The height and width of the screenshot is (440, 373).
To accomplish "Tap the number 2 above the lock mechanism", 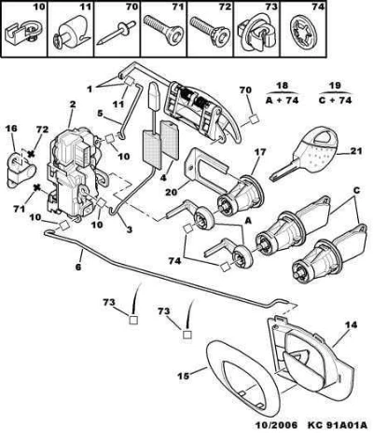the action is pos(72,104).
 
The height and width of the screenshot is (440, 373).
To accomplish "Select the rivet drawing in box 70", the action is pos(116,33).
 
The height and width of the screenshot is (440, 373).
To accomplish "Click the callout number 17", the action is pos(260,152).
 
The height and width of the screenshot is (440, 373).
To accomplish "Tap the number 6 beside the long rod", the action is pos(78,267).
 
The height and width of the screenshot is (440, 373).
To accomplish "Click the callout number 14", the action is pos(352,325).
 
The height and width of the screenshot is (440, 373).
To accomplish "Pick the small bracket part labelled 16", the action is pos(21,168).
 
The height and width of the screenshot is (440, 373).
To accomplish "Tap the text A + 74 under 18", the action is pos(283,100).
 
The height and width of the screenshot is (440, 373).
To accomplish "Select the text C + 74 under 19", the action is pos(336,100).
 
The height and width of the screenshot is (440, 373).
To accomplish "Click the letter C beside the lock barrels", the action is pos(356,190).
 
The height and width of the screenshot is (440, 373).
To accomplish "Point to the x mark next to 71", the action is pos(37,187).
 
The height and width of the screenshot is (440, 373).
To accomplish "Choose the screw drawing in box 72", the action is pos(210,30).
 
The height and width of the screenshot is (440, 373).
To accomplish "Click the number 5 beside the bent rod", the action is pos(100,114).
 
